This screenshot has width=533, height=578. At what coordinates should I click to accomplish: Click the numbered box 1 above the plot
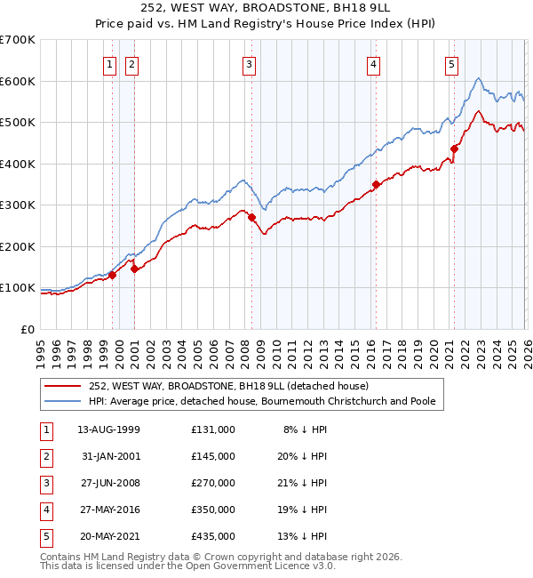click(109, 64)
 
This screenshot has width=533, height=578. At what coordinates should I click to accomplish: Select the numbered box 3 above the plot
click(249, 64)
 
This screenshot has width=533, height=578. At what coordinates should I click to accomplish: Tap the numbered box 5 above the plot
click(451, 64)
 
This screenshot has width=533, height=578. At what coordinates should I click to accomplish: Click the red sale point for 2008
click(251, 217)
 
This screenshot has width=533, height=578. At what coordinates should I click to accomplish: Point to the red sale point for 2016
click(376, 185)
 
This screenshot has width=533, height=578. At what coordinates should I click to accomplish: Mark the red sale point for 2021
click(454, 149)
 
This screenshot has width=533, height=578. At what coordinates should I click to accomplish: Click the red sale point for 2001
click(134, 269)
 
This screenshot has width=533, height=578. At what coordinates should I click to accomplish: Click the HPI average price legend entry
click(261, 402)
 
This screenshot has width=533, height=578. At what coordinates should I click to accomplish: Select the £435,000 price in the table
click(213, 536)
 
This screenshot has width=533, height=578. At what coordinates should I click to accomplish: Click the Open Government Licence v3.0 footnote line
click(188, 566)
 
